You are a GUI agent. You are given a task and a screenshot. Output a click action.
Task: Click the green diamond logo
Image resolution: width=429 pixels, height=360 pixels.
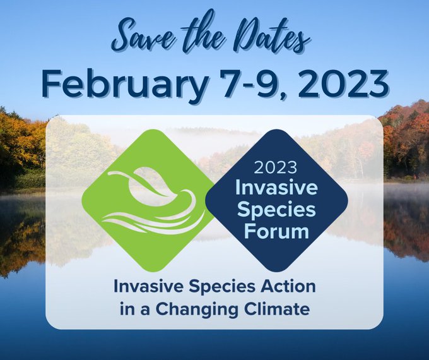tap(148, 201)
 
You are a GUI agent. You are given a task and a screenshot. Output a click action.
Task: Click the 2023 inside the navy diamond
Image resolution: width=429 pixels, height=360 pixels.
tap(276, 167)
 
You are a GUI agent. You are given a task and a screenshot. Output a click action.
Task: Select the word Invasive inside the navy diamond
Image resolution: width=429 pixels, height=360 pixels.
tap(276, 188)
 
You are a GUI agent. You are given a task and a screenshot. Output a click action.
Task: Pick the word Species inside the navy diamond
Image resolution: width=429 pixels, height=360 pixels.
tap(276, 210)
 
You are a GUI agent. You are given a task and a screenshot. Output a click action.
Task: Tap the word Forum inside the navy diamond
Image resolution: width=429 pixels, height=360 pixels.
tap(276, 232)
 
